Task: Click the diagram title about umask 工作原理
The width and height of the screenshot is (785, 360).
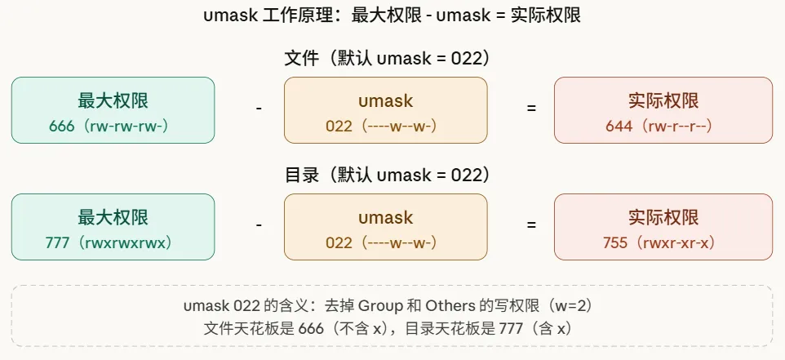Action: click(x=392, y=16)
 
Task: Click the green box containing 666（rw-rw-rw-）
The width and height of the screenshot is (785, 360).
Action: click(x=113, y=110)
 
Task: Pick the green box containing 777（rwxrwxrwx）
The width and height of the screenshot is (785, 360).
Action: click(x=113, y=226)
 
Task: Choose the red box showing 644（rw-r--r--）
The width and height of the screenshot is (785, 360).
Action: click(x=663, y=110)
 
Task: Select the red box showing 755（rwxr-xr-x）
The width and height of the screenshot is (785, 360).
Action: click(x=663, y=226)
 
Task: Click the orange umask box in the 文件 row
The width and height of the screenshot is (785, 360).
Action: click(x=385, y=110)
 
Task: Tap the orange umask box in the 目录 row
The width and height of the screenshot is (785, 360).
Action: click(x=385, y=226)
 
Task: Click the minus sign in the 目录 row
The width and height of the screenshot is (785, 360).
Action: click(x=259, y=224)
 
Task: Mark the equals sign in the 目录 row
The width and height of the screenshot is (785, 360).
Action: click(x=531, y=224)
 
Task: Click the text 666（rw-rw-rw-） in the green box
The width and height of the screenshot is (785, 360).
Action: click(x=113, y=127)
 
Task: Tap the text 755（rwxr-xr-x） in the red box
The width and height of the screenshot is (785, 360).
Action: click(x=663, y=242)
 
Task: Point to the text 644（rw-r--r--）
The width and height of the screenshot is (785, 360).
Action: click(x=663, y=127)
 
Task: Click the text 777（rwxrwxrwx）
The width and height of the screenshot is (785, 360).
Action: click(x=113, y=242)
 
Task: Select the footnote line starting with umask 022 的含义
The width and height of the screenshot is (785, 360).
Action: click(x=392, y=307)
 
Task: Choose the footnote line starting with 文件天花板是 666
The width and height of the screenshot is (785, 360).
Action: click(x=392, y=328)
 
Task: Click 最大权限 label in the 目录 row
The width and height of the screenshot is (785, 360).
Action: click(x=113, y=217)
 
